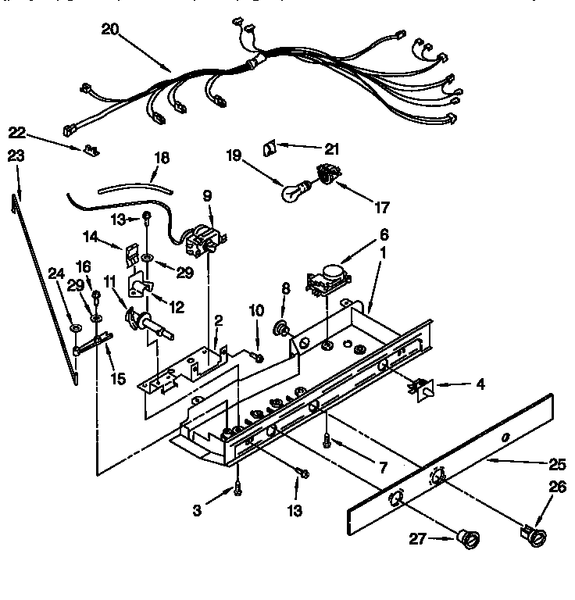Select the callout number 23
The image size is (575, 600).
coord(16,155)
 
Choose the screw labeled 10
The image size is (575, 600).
coord(257,356)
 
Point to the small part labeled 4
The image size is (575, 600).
coord(423,387)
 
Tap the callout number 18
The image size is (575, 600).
coord(161,157)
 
